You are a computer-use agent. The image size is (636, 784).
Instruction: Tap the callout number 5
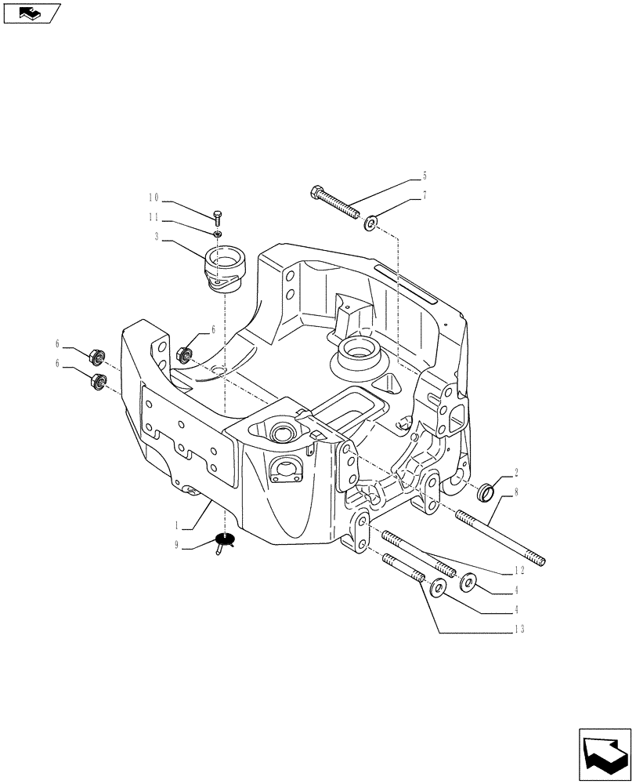click(424, 176)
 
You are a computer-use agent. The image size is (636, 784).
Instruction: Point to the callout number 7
click(424, 195)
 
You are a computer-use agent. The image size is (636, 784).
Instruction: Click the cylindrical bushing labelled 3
click(223, 269)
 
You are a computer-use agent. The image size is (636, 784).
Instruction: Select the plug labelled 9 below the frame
click(224, 542)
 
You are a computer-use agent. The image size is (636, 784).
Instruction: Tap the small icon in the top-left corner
click(31, 13)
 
